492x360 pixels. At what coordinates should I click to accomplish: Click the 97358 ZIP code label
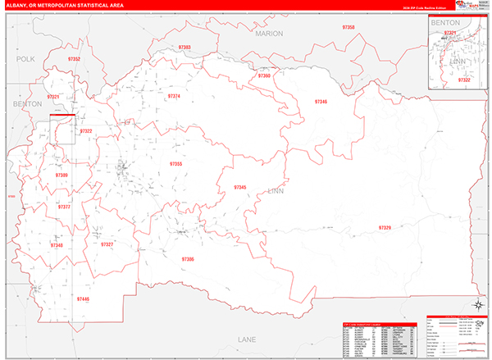348,28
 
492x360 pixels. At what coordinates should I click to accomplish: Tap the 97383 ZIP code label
184,48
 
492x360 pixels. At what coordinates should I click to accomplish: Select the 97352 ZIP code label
74,60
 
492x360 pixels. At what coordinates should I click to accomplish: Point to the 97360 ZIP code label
264,75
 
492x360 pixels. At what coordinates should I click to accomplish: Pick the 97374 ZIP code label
174,96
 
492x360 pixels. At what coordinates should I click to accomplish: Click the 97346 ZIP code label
320,102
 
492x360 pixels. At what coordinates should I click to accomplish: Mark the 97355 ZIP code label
175,164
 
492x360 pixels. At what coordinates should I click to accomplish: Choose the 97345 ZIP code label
239,188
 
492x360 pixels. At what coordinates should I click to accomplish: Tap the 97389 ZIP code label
61,175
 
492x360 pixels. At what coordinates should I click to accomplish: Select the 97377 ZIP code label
64,207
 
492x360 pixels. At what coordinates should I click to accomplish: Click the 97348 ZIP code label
56,245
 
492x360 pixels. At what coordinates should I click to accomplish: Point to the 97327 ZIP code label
107,244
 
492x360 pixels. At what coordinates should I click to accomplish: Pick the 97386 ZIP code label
188,259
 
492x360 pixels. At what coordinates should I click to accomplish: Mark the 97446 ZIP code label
83,300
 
